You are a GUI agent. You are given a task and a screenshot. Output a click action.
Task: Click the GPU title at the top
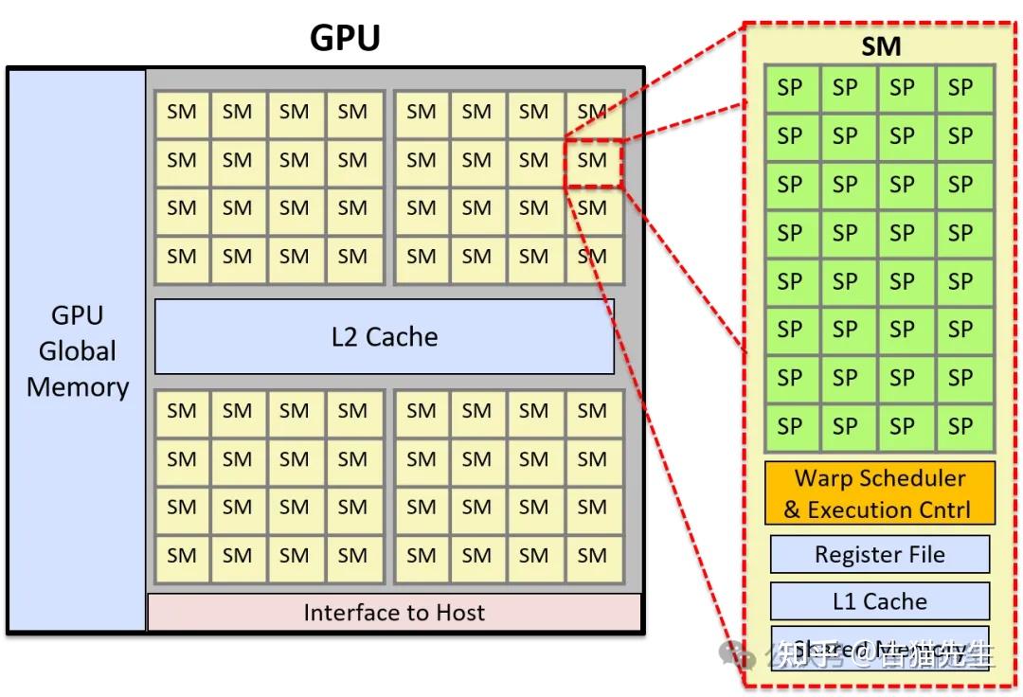click(345, 38)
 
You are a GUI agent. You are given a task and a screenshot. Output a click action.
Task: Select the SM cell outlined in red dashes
click(592, 161)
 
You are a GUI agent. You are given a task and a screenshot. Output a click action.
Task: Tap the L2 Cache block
click(385, 336)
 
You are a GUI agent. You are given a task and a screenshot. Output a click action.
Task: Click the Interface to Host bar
click(394, 613)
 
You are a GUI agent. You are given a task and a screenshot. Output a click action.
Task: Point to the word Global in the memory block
click(78, 351)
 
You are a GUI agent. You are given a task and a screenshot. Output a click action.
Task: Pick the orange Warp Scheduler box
click(880, 493)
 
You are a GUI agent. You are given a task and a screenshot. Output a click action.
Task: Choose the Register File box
click(880, 555)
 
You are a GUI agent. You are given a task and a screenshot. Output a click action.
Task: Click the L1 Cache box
click(880, 601)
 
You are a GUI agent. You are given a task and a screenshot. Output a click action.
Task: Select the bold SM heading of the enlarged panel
click(880, 47)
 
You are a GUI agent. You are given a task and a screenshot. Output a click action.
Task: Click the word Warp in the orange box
click(823, 478)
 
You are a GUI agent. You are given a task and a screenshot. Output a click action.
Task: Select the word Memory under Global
click(78, 387)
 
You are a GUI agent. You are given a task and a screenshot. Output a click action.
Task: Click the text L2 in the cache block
click(345, 336)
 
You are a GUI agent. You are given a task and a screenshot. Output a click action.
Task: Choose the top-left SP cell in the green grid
click(790, 88)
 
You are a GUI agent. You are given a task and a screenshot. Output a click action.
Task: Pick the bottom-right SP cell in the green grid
click(960, 426)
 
